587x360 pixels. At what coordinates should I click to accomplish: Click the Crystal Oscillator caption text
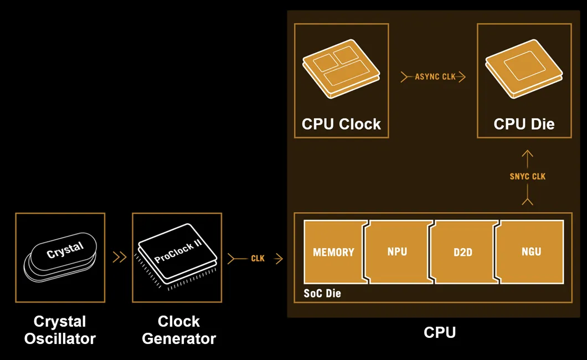[x=60, y=330]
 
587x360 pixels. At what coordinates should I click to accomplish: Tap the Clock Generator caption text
[x=178, y=330]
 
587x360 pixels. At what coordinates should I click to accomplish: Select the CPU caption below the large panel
[x=439, y=332]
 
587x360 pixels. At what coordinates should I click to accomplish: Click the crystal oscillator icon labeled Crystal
[x=60, y=257]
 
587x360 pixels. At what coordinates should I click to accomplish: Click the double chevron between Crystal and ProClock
[x=119, y=257]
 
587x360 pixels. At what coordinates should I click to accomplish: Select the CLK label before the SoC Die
[x=258, y=259]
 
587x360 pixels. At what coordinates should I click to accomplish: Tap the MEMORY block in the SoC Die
[x=333, y=253]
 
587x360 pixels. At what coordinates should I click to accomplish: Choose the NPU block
[x=397, y=252]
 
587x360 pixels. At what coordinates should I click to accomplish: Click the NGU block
[x=531, y=252]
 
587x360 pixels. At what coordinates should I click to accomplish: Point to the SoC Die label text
[x=322, y=294]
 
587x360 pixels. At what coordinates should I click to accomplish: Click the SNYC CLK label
[x=527, y=177]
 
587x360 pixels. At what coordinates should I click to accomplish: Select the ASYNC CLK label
[x=435, y=77]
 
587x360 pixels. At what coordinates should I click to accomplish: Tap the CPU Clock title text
[x=341, y=124]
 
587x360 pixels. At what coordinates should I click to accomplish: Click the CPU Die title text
[x=524, y=124]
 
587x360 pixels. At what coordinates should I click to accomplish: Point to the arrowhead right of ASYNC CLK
[x=462, y=77]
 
